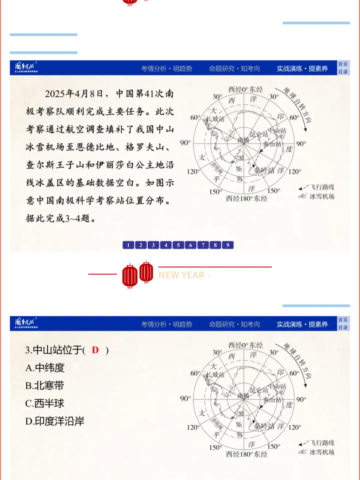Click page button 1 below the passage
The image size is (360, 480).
(128, 245)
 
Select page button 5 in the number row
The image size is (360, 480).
(178, 245)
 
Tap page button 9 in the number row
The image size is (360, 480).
(228, 245)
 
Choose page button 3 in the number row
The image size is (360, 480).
(153, 245)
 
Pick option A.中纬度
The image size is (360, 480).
(45, 368)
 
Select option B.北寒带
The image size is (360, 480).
(45, 386)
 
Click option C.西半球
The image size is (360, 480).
(45, 403)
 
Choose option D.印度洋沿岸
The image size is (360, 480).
(55, 421)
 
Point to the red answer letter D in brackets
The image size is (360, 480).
(95, 350)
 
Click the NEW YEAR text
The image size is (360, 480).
(182, 275)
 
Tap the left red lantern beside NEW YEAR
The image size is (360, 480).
(130, 276)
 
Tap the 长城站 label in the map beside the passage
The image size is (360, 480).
(216, 119)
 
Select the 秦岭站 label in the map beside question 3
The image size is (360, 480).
(264, 426)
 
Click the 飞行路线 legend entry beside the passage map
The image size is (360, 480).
(322, 187)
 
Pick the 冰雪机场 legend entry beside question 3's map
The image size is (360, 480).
(322, 452)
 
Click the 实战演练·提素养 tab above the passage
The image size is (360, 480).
(302, 69)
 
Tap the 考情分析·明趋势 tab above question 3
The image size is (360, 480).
(167, 324)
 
